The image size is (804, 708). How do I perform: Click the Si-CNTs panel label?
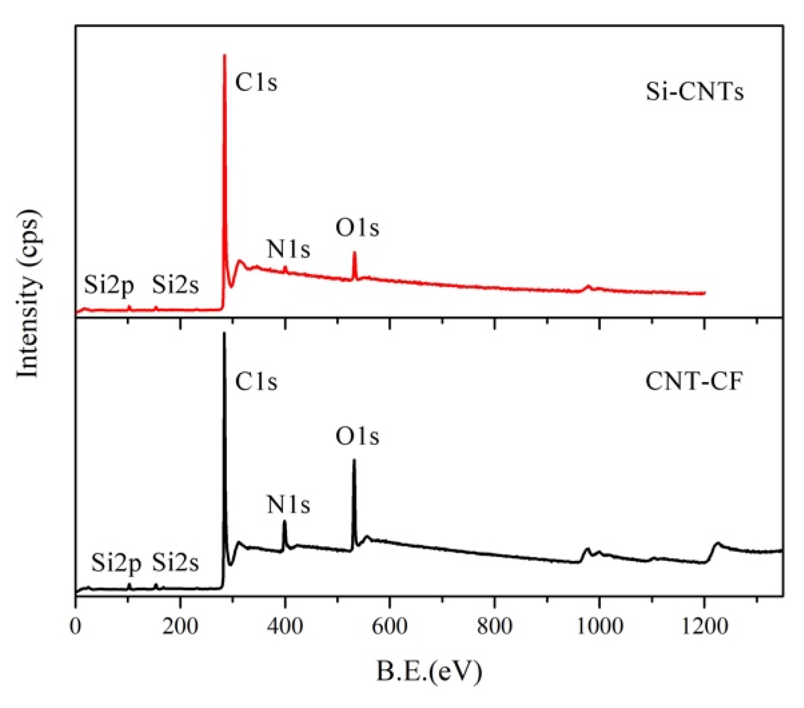pos(694,91)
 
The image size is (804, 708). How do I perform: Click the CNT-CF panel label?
pos(694,381)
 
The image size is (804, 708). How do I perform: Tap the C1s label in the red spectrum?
pos(256,83)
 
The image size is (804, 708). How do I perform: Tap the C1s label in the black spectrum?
pos(256,382)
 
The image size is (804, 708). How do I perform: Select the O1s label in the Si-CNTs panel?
pos(357,228)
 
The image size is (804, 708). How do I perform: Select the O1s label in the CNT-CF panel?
pos(357,437)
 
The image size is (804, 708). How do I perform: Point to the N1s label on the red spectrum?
pos(288,250)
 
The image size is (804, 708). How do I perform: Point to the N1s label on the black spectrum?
pos(288,505)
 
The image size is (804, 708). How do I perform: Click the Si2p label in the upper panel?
pos(109,285)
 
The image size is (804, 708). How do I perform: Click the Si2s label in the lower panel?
pos(175,563)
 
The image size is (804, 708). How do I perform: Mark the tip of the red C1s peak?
pos(224,55)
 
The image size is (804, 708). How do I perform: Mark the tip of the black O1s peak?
pos(354,460)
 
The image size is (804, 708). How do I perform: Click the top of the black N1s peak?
pos(284,522)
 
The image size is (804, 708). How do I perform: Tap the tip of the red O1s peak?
pos(354,253)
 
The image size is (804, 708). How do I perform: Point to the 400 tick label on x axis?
pos(285,627)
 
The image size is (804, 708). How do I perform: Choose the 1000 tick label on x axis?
pos(599,627)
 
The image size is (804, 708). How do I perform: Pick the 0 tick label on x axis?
pos(76,627)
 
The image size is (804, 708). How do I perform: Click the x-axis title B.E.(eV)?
pos(429,671)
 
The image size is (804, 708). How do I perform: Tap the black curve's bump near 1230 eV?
pos(717,543)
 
